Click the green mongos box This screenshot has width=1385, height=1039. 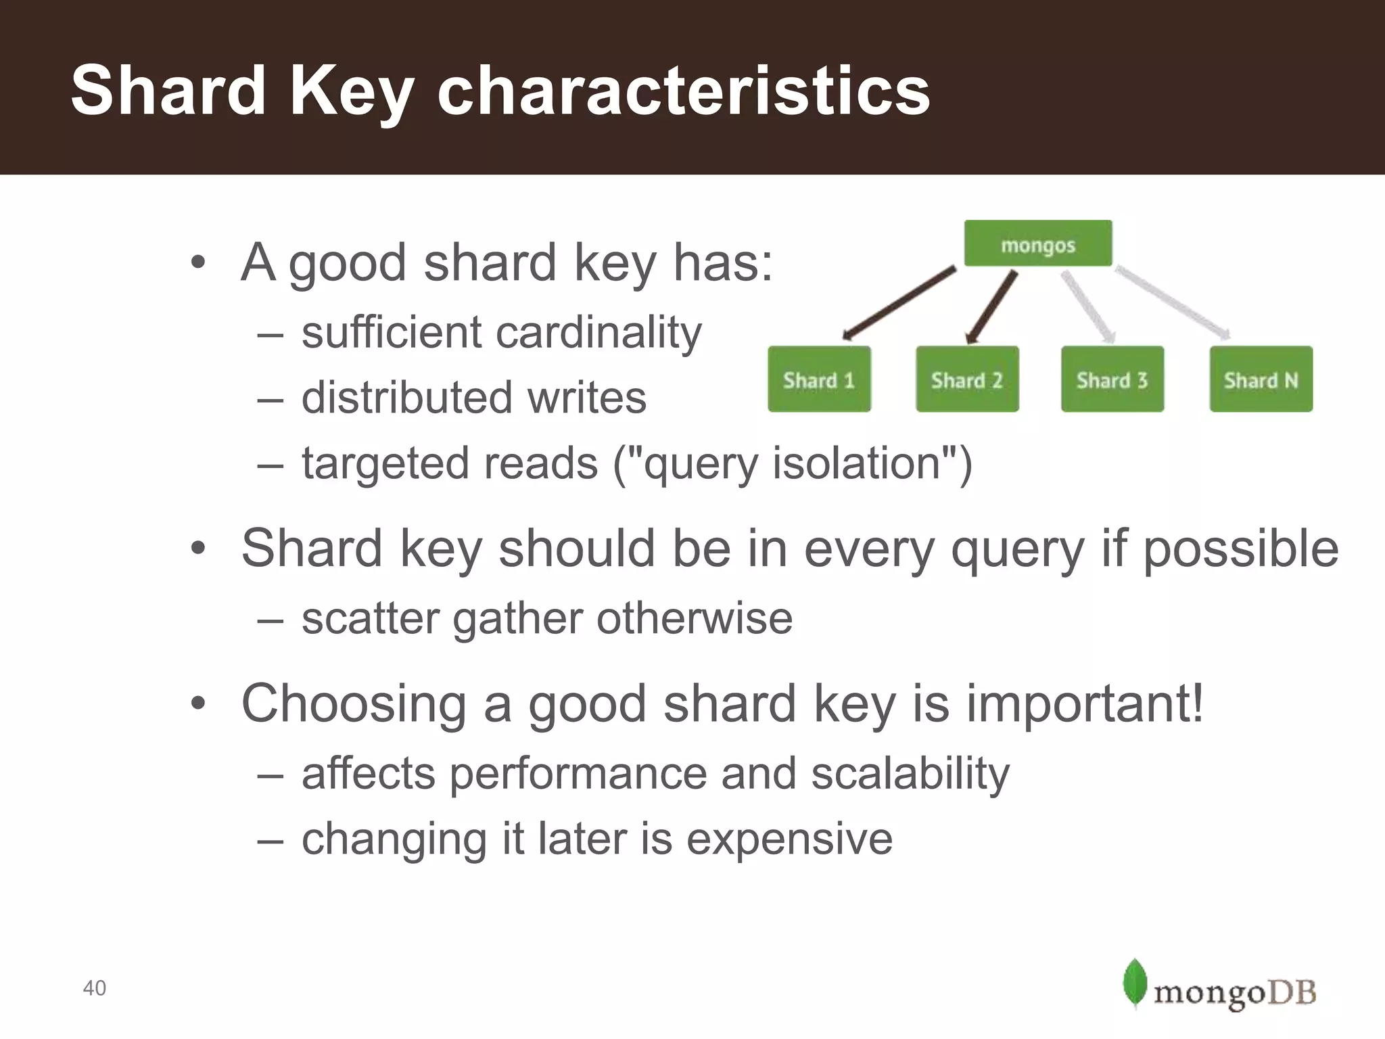click(1037, 244)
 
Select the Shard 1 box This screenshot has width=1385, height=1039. click(819, 379)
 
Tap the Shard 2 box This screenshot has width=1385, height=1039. click(967, 379)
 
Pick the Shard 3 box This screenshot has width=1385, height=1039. click(1112, 379)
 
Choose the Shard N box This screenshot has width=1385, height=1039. click(1261, 379)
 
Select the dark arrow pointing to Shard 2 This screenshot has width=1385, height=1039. click(991, 308)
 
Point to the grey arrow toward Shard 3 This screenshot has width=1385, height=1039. click(1087, 306)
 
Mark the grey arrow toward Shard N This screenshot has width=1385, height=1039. click(1172, 302)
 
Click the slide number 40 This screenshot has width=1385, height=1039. click(94, 988)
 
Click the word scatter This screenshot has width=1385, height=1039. click(370, 618)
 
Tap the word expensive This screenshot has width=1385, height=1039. click(789, 839)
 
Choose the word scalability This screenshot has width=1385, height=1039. click(910, 773)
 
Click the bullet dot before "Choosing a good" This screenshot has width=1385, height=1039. click(197, 703)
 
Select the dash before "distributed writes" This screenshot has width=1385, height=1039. click(270, 398)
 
